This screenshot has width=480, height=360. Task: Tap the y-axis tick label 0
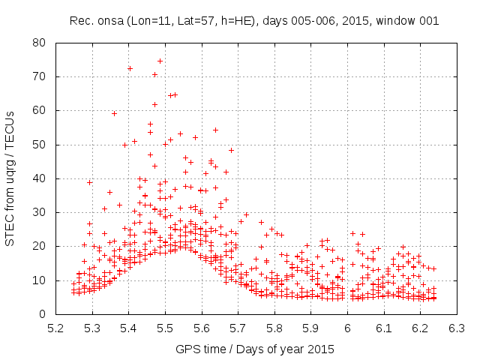[44, 314]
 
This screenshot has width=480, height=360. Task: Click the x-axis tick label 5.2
[55, 328]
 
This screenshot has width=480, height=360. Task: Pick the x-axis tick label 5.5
[165, 328]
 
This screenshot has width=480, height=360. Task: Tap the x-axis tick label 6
[347, 328]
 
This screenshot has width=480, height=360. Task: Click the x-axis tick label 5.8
[274, 328]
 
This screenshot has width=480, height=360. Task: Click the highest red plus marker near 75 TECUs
[160, 61]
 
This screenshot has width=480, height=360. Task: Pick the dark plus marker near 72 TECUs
[130, 68]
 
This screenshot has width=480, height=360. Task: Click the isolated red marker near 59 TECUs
[114, 113]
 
